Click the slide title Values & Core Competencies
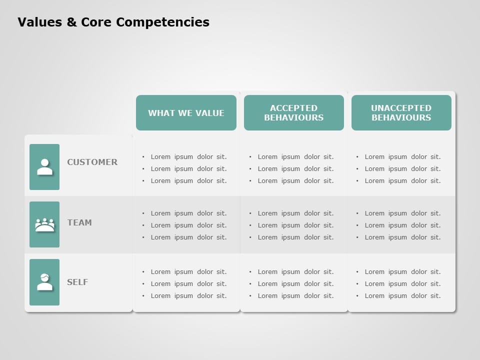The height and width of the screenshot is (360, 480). tap(113, 22)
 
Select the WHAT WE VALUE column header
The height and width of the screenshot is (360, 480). tap(186, 113)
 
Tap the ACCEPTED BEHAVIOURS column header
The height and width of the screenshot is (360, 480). tap(294, 113)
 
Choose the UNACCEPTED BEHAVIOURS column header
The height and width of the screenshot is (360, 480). tap(401, 113)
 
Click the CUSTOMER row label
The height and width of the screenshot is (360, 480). tap(92, 162)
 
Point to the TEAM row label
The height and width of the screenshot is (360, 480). tap(79, 222)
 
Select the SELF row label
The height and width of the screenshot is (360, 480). tap(77, 282)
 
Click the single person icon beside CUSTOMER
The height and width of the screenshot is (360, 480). tap(44, 167)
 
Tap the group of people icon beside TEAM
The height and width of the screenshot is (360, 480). tap(44, 224)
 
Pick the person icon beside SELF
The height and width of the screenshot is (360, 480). tap(44, 282)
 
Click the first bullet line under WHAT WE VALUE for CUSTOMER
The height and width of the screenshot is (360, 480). tap(188, 156)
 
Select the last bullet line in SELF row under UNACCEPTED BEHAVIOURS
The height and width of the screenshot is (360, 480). tap(402, 295)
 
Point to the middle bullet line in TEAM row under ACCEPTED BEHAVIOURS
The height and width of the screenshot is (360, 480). tap(295, 225)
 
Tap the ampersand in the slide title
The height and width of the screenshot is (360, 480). tap(70, 22)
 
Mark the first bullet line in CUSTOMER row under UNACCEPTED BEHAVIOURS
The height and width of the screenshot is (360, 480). tap(402, 156)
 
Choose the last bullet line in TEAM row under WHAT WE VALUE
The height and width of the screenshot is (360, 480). tap(188, 237)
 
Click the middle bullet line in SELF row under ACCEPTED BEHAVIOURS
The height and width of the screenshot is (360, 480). tap(295, 283)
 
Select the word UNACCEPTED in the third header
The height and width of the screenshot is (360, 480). tap(401, 108)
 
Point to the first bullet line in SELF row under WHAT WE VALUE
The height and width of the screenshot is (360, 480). tap(188, 271)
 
